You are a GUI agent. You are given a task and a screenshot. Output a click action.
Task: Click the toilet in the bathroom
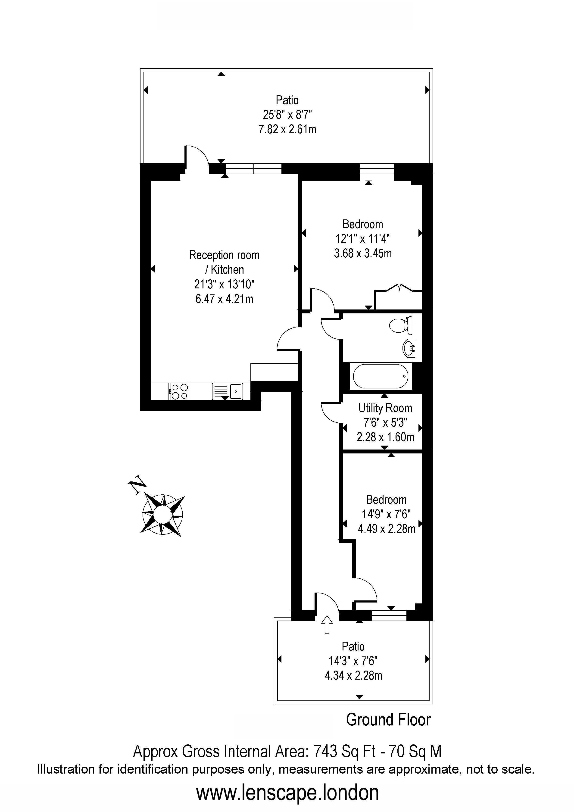coord(401,325)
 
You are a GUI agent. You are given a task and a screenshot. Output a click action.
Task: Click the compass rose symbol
coord(163,514)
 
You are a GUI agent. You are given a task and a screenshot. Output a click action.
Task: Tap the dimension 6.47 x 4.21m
coord(224,299)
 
